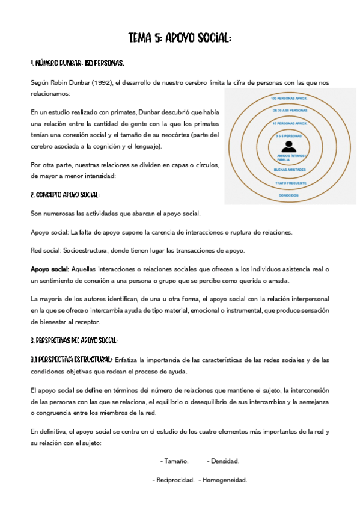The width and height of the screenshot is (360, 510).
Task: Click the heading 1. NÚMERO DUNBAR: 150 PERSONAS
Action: tap(78, 63)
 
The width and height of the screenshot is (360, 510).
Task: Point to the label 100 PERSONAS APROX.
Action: tap(290, 98)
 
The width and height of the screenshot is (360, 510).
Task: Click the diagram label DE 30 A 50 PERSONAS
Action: tap(290, 111)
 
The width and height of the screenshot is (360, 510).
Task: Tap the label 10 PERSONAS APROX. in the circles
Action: tap(290, 123)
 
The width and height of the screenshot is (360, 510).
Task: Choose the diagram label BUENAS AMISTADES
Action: tap(290, 171)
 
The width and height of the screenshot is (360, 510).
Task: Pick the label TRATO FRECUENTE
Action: tap(290, 182)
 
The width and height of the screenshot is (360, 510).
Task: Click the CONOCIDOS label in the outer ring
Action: tap(290, 195)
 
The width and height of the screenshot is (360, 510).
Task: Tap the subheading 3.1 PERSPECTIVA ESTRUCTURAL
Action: tap(72, 359)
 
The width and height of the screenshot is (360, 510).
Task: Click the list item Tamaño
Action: tap(175, 461)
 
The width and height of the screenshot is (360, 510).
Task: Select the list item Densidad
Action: tap(224, 461)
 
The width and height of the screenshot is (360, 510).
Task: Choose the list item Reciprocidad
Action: tap(174, 480)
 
